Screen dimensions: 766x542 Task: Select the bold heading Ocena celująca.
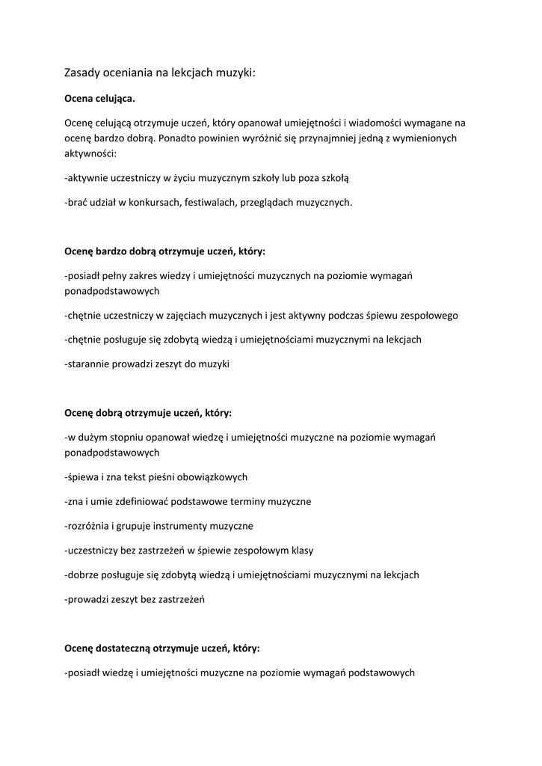pos(99,98)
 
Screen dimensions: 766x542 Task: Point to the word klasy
pos(301,550)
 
